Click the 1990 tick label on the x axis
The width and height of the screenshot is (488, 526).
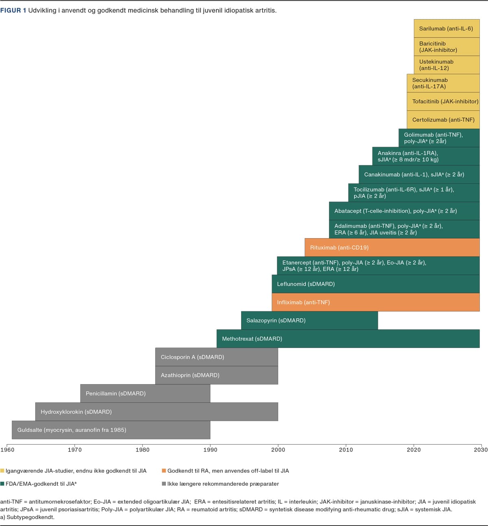pos(210,450)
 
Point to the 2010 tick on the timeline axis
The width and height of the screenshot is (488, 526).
pos(346,450)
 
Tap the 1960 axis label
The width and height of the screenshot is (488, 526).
pos(7,450)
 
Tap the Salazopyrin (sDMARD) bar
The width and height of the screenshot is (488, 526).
pos(309,320)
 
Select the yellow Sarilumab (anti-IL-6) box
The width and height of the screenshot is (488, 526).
pos(447,28)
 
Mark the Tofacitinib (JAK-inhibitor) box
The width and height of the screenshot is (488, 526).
pos(443,101)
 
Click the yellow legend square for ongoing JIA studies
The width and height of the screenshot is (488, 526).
pos(2,471)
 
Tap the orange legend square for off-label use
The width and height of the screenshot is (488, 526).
pos(164,471)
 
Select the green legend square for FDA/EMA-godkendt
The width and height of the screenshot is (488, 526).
pos(2,484)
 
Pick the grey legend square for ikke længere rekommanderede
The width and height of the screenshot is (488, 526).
pos(164,484)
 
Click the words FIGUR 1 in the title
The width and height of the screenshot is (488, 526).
pos(13,11)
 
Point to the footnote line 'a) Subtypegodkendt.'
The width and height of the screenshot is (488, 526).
pos(27,517)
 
